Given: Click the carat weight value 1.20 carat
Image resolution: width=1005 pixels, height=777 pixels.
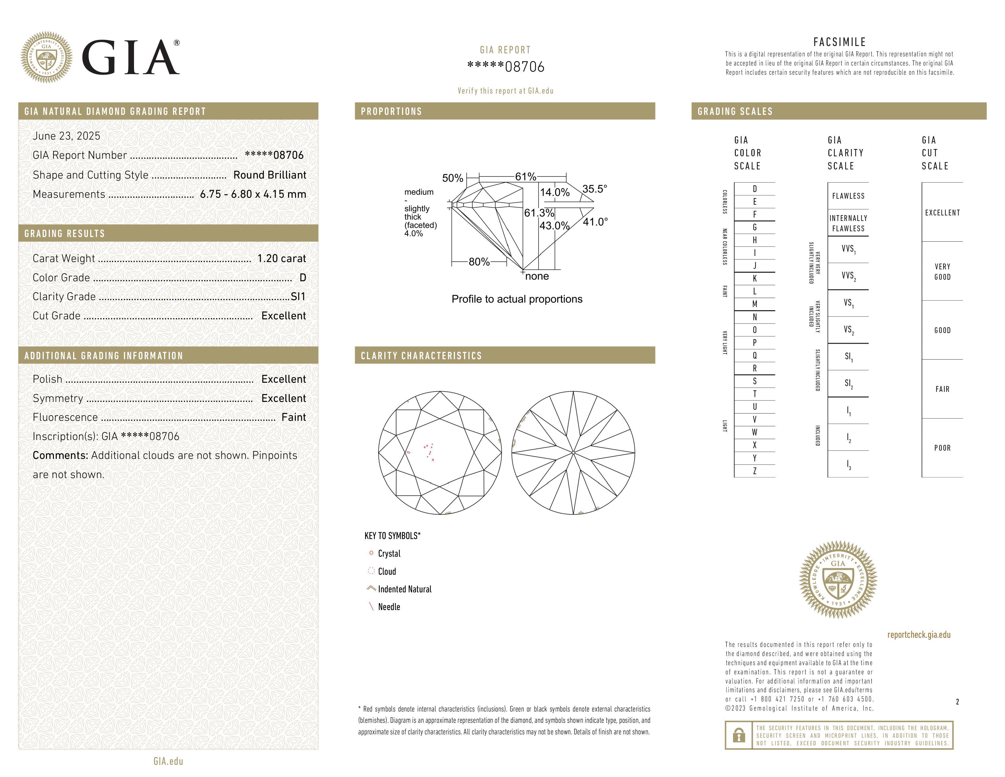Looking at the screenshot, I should [x=281, y=259].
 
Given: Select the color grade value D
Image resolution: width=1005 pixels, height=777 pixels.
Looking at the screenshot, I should [x=302, y=278].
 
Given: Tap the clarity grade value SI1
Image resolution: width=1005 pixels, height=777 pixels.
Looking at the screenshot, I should [x=298, y=297].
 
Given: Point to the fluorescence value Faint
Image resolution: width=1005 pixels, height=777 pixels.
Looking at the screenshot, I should [x=294, y=417].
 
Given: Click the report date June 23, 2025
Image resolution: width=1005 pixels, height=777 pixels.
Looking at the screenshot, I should [x=66, y=136].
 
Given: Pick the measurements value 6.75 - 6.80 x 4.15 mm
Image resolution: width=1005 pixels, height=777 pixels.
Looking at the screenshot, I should [x=253, y=194].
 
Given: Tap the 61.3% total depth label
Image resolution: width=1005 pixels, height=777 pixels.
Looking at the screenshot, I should [x=539, y=213].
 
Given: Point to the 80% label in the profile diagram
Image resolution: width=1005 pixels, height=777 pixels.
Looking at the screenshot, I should [x=479, y=262].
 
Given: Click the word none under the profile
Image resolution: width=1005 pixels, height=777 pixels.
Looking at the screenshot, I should [x=537, y=276].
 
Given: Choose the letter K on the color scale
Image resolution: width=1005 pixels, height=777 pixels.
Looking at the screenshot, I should [x=755, y=279].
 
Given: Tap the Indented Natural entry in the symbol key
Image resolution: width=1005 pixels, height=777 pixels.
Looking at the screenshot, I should [x=404, y=589].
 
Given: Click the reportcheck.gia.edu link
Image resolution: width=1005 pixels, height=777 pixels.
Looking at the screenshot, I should [x=919, y=635].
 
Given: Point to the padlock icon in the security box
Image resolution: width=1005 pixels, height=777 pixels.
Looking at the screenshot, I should [x=739, y=735].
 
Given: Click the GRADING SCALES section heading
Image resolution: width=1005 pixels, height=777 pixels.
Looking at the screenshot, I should [x=735, y=112].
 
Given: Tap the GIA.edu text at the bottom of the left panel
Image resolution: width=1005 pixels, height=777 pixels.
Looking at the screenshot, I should [x=168, y=761].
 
